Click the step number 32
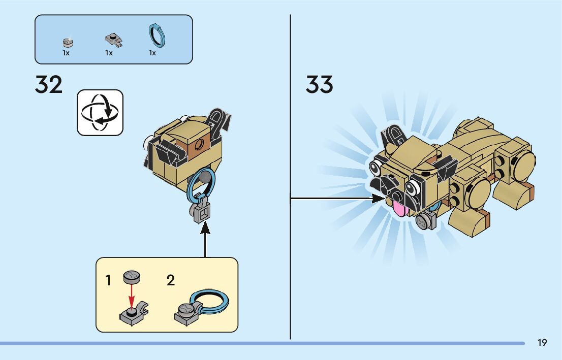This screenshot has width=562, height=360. tap(49, 85)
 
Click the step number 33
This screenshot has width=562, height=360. tap(319, 85)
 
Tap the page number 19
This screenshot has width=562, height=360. tap(542, 343)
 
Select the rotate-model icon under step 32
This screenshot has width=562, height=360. tap(100, 113)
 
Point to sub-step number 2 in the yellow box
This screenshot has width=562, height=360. tap(171, 280)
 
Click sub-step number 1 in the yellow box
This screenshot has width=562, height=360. tap(108, 280)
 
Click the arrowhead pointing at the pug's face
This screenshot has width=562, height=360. tap(379, 199)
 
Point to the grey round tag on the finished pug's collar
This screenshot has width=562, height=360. tap(424, 221)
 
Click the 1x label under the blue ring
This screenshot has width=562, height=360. tap(152, 53)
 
